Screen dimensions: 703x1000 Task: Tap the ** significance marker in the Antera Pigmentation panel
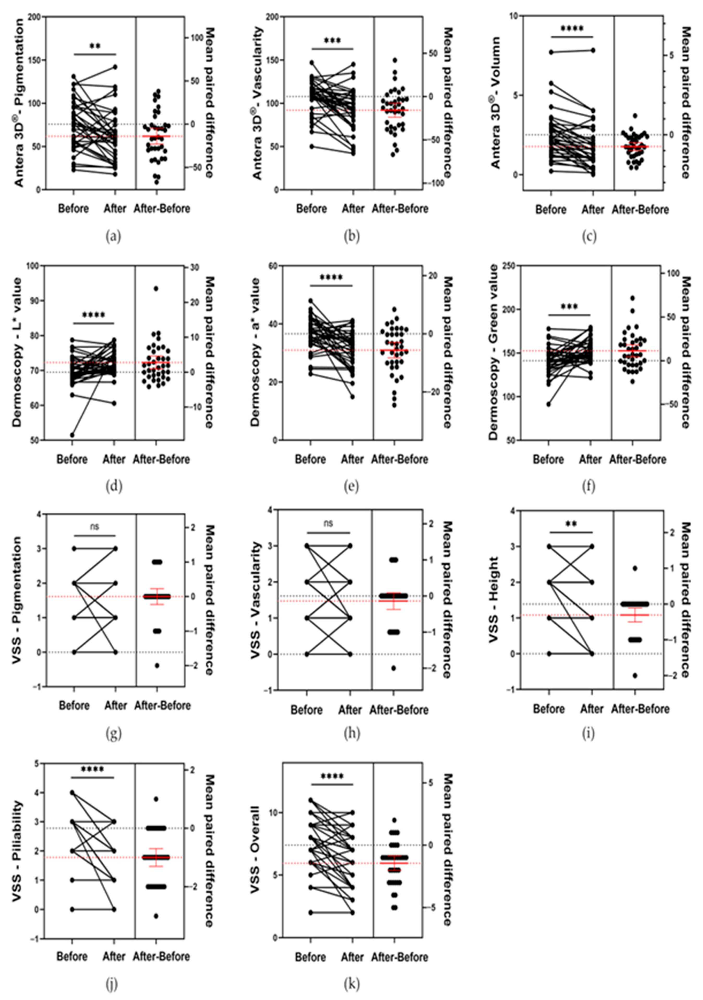95,47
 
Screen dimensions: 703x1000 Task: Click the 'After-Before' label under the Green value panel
638,459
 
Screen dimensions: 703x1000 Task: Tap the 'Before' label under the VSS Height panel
549,709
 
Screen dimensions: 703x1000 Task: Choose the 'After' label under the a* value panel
352,459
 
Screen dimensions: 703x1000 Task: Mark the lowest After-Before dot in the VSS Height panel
635,676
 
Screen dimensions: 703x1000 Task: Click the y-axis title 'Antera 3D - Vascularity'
257,103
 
